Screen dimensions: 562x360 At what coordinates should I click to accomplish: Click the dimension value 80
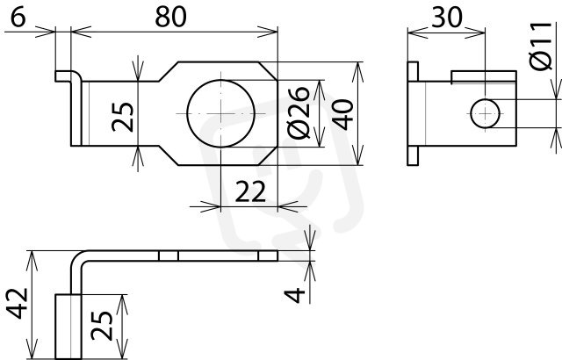[x=170, y=17]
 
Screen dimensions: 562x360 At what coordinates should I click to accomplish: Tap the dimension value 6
[x=18, y=17]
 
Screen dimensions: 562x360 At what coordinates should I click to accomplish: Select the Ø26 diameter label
[x=299, y=112]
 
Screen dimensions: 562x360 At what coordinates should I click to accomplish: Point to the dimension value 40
[x=342, y=115]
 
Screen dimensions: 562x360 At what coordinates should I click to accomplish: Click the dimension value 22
[x=250, y=191]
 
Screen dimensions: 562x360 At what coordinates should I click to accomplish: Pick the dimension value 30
[x=447, y=17]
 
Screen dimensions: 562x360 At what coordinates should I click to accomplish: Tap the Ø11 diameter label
[x=541, y=46]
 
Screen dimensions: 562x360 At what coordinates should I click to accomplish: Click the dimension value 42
[x=18, y=303]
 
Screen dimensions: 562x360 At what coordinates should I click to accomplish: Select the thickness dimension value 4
[x=295, y=296]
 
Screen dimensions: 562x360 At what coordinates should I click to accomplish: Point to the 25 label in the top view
[x=123, y=117]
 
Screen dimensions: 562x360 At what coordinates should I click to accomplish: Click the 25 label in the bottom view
[x=102, y=325]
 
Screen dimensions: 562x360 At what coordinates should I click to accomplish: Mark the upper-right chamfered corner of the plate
[x=268, y=70]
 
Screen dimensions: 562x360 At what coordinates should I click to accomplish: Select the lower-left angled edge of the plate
[x=168, y=155]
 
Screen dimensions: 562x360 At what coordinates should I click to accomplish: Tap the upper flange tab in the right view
[x=413, y=71]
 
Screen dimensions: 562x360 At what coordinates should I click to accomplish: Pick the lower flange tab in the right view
[x=413, y=155]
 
